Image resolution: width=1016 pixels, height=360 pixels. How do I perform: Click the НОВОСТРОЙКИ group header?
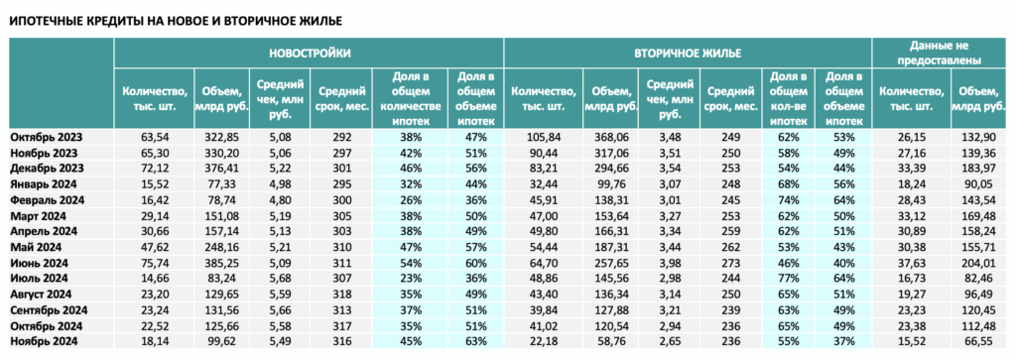click(x=310, y=54)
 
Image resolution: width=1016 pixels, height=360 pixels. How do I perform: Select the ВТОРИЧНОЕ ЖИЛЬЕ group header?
click(x=688, y=54)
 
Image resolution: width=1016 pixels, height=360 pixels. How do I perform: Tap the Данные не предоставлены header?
click(x=943, y=54)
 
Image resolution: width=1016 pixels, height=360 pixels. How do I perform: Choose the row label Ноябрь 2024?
click(x=44, y=342)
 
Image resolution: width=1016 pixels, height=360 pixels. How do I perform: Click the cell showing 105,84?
click(x=544, y=137)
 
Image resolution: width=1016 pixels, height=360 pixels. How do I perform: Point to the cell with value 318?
click(x=341, y=295)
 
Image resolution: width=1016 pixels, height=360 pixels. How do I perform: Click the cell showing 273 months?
click(x=731, y=263)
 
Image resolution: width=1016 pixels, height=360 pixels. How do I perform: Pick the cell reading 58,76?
click(x=610, y=342)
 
